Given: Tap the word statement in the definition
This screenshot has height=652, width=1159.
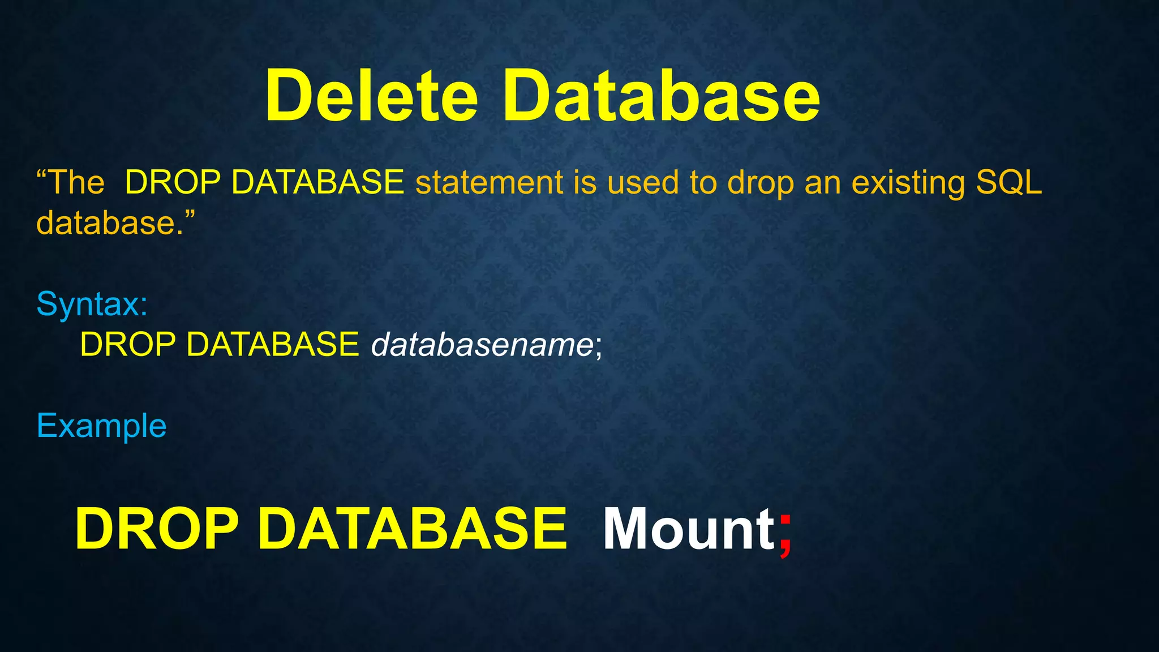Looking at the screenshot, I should click(490, 183).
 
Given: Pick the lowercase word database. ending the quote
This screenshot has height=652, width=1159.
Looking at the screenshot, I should click(110, 223).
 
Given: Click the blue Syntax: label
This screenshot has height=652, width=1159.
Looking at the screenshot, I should click(92, 304).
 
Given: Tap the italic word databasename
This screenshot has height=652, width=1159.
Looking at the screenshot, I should click(482, 344).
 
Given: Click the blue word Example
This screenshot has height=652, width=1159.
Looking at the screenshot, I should click(101, 426).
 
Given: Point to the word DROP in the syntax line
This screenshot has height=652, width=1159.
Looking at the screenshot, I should click(128, 344).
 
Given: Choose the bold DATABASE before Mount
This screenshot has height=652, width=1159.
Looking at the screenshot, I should click(412, 529).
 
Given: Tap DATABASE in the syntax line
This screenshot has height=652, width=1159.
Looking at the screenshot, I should click(272, 344).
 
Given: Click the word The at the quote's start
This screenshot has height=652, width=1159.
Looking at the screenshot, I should click(76, 183).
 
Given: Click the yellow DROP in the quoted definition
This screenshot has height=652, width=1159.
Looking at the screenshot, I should click(173, 183).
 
